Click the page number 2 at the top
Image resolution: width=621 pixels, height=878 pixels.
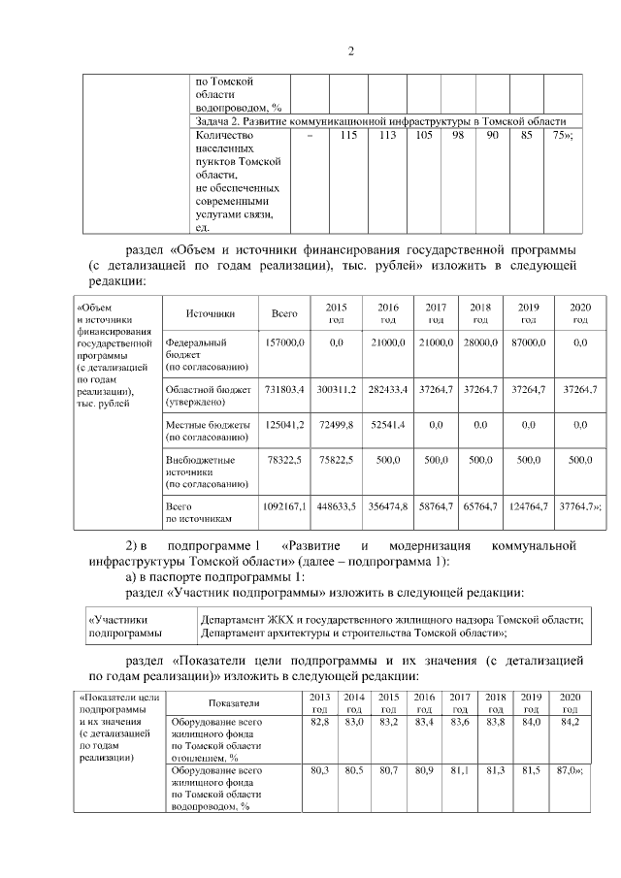coord(310,51)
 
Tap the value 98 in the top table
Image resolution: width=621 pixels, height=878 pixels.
coord(456,135)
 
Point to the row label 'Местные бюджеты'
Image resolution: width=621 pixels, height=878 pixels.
coord(208,425)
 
